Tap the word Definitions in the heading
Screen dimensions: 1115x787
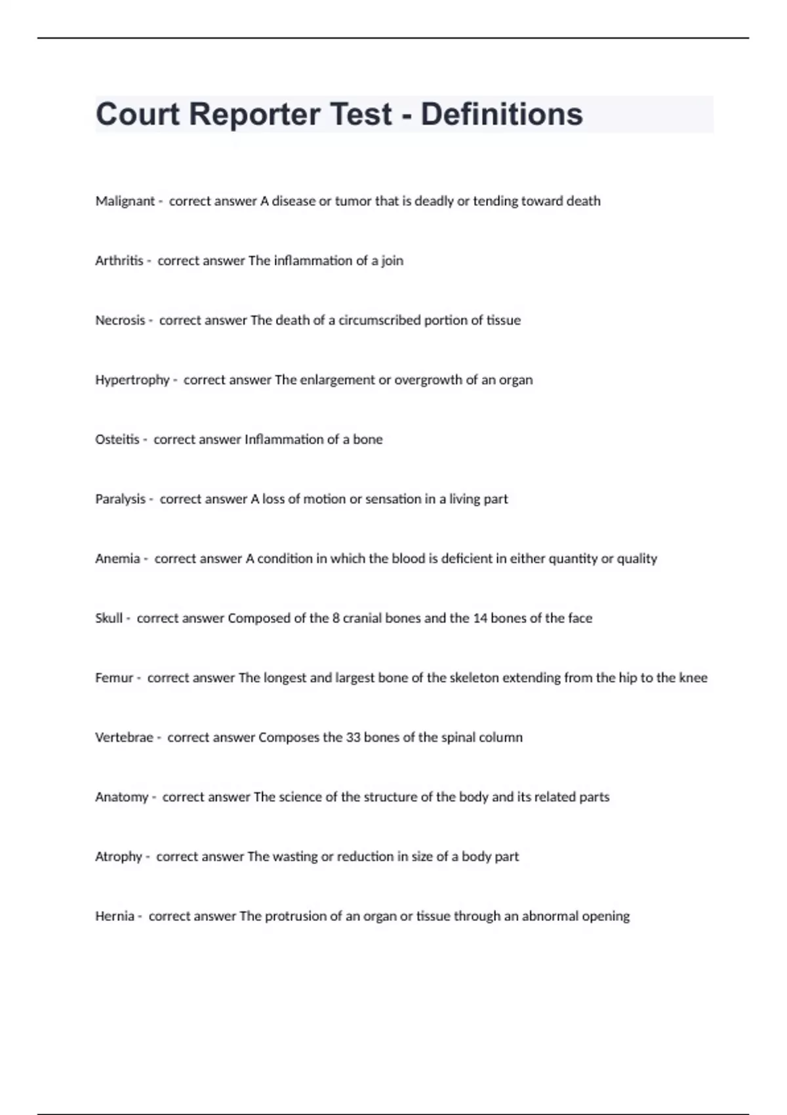501,114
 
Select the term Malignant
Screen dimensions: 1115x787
125,201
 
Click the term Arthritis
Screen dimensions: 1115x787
119,261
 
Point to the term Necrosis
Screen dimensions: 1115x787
120,321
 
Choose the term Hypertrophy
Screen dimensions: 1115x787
132,380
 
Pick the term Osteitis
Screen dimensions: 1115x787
117,439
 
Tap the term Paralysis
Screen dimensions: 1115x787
120,499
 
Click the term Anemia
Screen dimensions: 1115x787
117,559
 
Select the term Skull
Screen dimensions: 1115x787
108,618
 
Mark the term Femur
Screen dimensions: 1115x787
114,678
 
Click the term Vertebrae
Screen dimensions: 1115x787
124,738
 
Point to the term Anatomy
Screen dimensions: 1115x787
121,798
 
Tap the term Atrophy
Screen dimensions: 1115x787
118,857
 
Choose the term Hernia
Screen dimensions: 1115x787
114,916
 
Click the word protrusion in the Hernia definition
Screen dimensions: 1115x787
295,916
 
